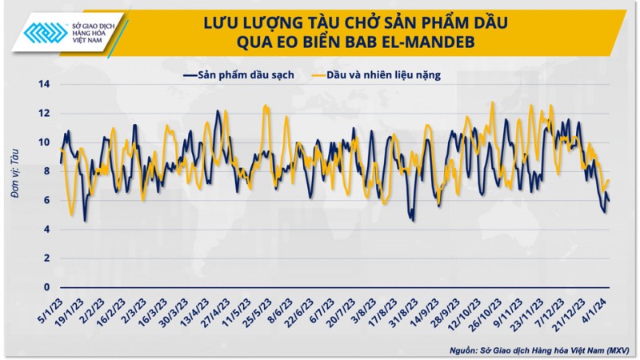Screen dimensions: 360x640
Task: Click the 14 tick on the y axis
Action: point(45,84)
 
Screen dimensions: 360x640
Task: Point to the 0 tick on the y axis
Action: point(47,287)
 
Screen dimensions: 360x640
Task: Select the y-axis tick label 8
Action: point(47,171)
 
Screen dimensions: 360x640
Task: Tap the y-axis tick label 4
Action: point(47,230)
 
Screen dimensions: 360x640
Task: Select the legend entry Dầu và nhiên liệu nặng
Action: point(387,75)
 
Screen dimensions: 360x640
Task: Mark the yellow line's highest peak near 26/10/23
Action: point(492,102)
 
